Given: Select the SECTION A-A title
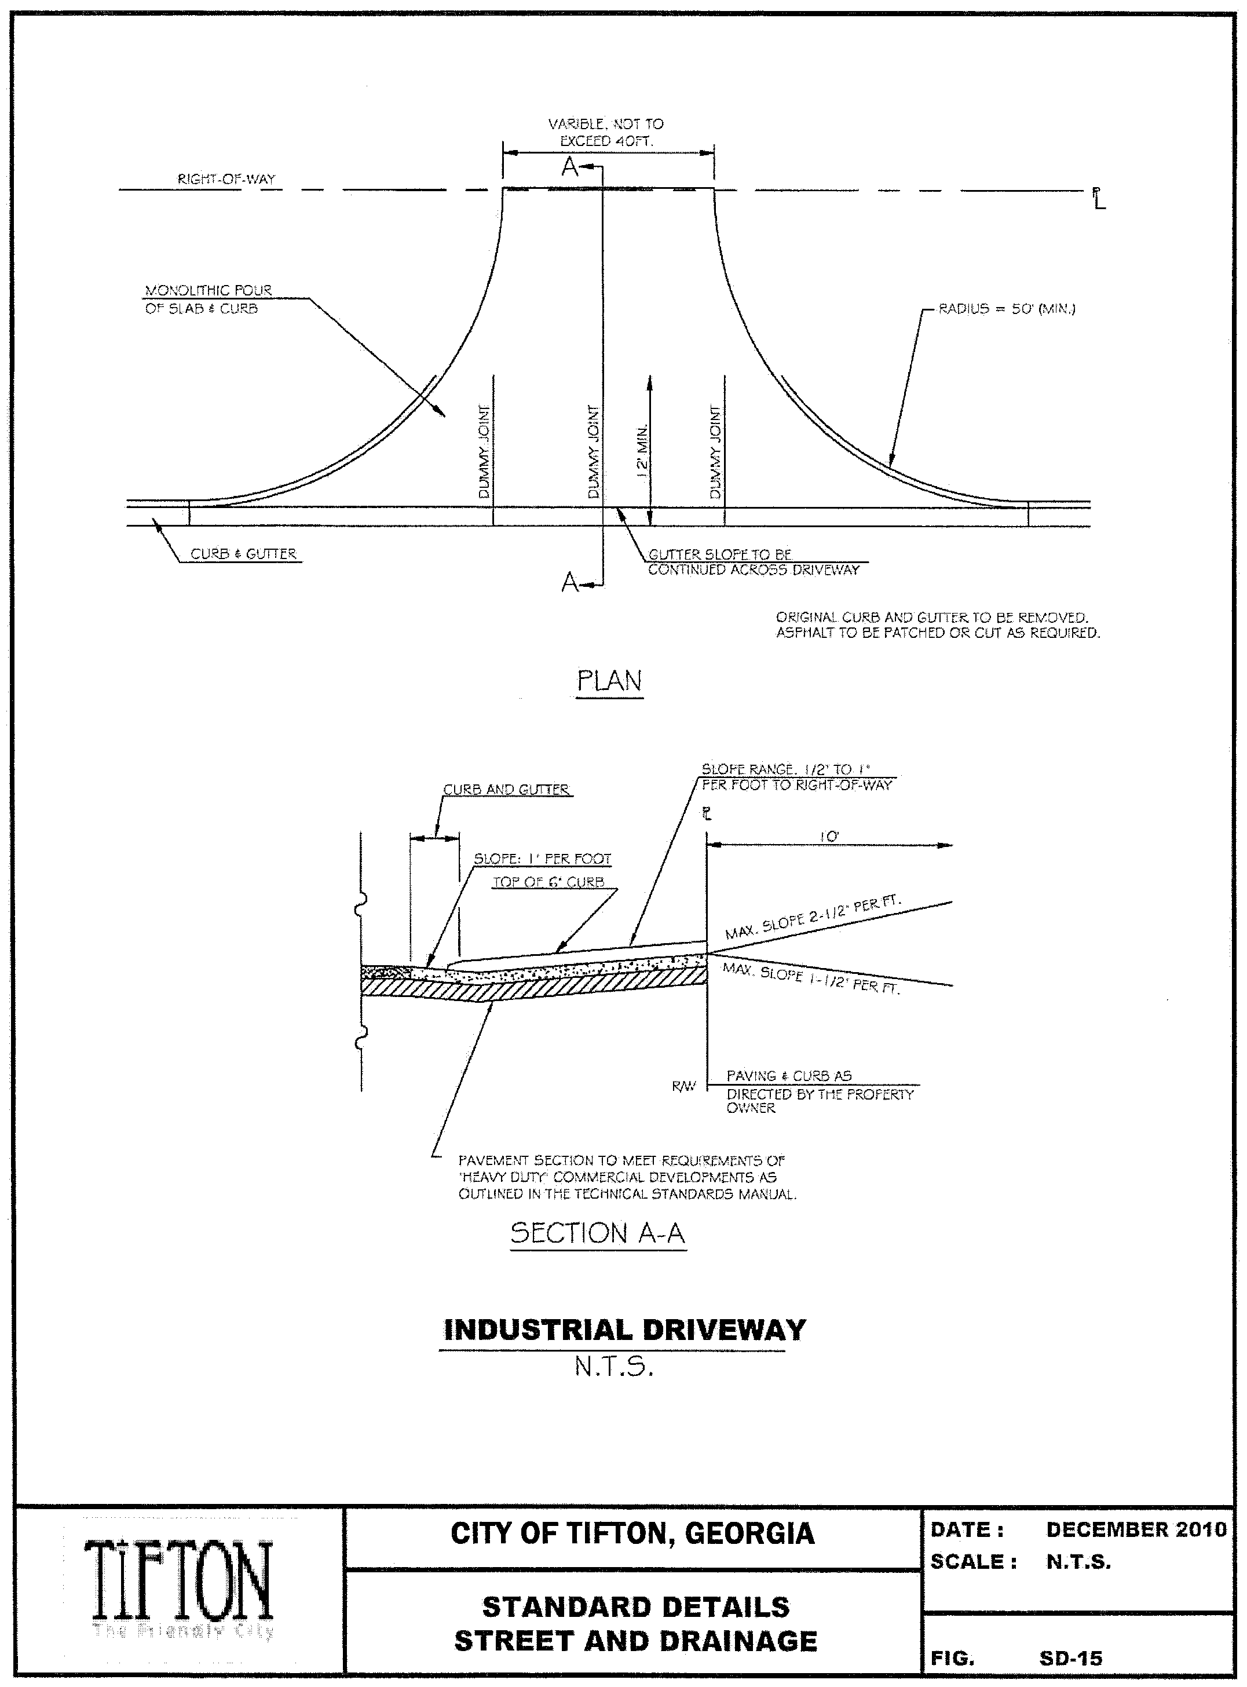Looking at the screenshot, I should [x=598, y=1233].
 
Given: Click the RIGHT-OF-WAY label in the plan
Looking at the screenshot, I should [x=226, y=180].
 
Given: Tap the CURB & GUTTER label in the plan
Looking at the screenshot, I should [x=243, y=554].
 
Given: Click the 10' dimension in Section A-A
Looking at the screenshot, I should [x=829, y=837].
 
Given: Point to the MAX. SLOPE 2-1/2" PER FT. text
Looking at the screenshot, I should [x=814, y=917].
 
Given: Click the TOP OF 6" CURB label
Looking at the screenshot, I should [x=548, y=882].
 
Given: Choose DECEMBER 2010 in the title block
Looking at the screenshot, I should [x=1136, y=1530].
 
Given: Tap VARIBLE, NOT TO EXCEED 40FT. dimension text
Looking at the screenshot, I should [x=606, y=132].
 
